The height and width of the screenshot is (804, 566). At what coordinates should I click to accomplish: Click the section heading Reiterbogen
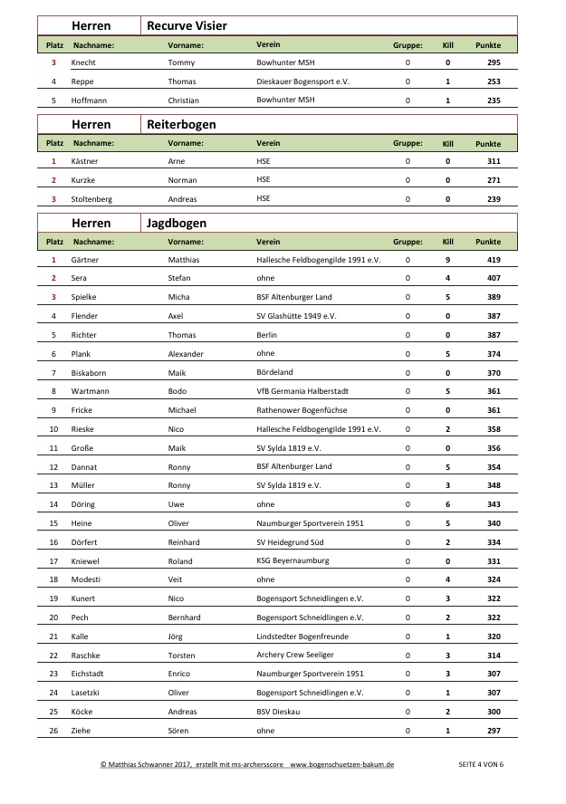click(181, 124)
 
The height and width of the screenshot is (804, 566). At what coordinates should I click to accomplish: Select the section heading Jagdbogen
click(177, 223)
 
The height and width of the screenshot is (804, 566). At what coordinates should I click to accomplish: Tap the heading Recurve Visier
click(187, 26)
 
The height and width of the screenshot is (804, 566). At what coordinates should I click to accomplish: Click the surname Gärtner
click(85, 260)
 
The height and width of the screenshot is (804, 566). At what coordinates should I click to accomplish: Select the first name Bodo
click(178, 391)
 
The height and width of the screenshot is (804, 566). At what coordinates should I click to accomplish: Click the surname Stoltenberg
click(92, 199)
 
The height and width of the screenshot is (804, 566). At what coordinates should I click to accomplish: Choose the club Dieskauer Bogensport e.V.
click(303, 81)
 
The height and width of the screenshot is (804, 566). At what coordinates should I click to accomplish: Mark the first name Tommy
click(181, 62)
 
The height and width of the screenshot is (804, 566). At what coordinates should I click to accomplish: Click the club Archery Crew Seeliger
click(295, 655)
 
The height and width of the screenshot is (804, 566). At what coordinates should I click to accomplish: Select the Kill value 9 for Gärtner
click(447, 260)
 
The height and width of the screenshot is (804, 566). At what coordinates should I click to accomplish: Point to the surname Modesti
click(86, 579)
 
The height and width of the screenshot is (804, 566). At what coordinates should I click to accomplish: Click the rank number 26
click(54, 730)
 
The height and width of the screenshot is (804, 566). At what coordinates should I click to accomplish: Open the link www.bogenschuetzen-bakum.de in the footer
click(341, 765)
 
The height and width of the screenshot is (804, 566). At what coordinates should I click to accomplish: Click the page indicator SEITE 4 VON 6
click(481, 765)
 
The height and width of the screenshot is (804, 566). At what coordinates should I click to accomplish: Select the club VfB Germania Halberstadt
click(302, 391)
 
